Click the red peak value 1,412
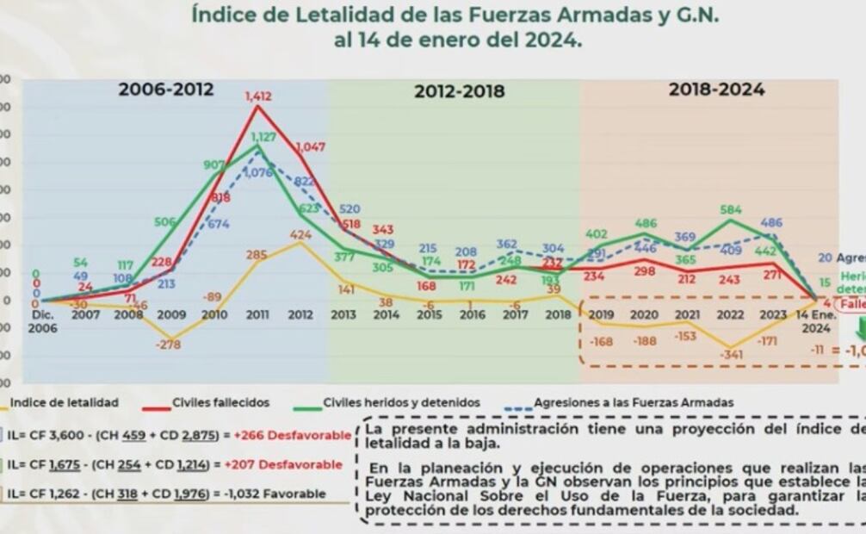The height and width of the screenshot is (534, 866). tap(258, 96)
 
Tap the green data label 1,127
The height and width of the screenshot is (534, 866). tap(263, 137)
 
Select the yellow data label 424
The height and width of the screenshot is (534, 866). tap(300, 233)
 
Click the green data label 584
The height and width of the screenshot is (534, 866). tap(731, 209)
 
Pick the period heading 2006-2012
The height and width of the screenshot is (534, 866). tap(166, 89)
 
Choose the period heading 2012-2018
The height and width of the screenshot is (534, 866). tap(458, 91)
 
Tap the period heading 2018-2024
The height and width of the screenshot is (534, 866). tap(717, 89)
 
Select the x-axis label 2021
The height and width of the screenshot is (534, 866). tap(686, 315)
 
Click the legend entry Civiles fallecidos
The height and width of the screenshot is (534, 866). tap(220, 402)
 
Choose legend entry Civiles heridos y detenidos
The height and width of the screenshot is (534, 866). tap(401, 402)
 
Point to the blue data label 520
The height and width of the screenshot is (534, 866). tap(349, 209)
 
